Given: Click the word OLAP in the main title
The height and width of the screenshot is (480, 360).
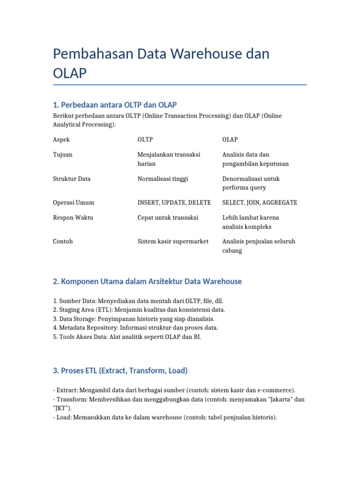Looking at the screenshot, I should click(70, 73).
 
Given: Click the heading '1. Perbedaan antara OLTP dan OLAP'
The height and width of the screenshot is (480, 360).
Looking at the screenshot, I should click(115, 105).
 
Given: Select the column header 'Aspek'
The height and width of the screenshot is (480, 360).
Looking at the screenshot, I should click(61, 140).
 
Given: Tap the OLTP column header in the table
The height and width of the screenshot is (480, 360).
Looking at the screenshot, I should click(145, 140).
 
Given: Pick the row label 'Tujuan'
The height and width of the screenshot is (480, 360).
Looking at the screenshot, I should click(63, 155).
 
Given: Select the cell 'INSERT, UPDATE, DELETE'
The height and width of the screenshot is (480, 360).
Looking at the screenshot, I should click(174, 202).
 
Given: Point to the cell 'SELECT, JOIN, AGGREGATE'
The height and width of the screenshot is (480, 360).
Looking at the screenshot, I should click(259, 202).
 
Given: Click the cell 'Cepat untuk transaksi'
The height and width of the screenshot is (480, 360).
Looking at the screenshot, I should click(168, 217).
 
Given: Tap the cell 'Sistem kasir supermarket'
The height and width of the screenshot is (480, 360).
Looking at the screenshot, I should click(173, 241).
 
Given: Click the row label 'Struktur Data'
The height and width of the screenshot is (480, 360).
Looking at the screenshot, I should click(72, 179).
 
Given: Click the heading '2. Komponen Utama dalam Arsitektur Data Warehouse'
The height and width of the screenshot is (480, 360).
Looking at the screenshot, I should click(148, 281).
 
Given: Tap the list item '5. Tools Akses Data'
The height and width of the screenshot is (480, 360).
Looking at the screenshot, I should click(127, 337).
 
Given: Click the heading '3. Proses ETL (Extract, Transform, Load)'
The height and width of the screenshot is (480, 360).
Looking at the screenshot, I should click(120, 370).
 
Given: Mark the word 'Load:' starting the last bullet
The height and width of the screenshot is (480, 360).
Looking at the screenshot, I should click(64, 417).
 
